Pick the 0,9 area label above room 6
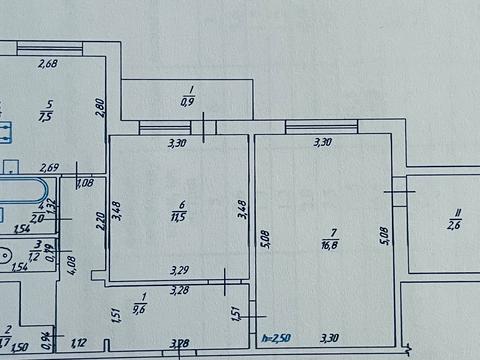[186, 100]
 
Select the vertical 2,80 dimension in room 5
[100, 106]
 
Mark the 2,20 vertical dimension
[99, 218]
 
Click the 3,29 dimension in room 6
[180, 270]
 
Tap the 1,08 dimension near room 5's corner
[85, 181]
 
